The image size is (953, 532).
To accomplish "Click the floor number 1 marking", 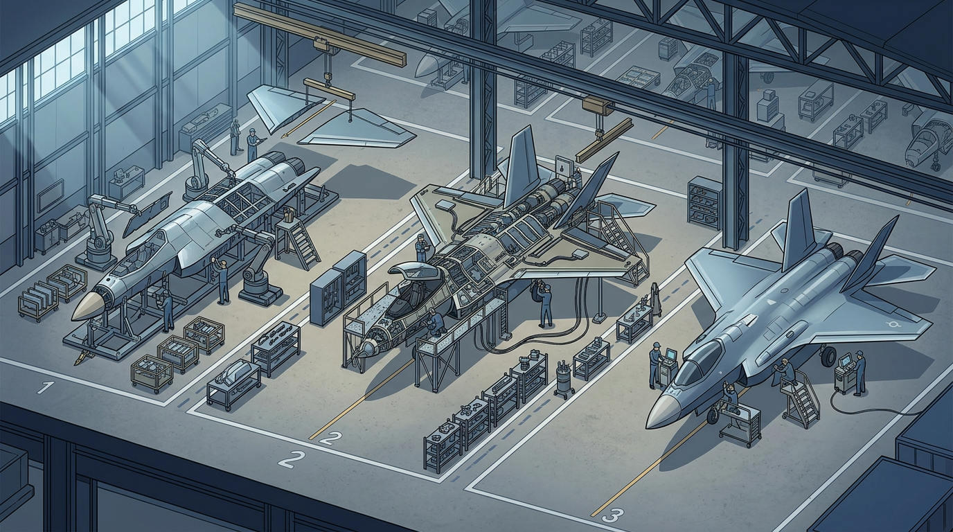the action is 46,387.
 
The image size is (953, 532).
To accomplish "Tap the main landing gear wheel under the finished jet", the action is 828,357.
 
